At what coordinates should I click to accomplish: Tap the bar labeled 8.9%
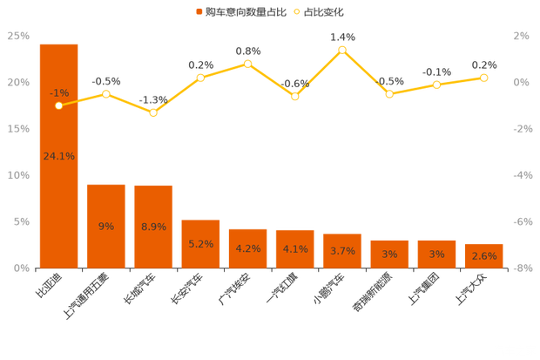pos(153,226)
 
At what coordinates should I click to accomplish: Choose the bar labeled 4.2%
pos(247,248)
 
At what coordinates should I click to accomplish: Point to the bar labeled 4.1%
pos(294,248)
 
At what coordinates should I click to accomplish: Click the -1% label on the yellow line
pos(59,92)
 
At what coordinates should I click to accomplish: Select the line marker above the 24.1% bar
pos(58,105)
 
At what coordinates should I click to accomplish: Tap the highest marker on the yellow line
pos(342,50)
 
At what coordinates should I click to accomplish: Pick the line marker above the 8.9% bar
pos(153,112)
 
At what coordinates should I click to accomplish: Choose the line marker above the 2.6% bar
pos(483,78)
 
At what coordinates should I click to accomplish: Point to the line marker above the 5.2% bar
pos(200,78)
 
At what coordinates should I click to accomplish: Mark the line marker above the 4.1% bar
pos(295,97)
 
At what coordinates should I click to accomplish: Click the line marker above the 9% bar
pos(106,93)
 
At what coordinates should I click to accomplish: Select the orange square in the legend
pos(199,12)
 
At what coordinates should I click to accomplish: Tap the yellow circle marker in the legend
pos(297,12)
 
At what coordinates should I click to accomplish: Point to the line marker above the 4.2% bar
pos(248,64)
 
